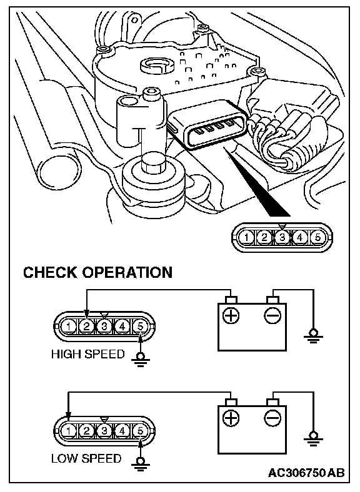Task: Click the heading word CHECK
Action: point(51,272)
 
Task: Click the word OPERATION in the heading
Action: point(127,272)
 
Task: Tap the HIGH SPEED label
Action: point(88,354)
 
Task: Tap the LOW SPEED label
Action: point(86,458)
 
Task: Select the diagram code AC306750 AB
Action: point(306,473)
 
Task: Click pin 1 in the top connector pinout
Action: point(247,237)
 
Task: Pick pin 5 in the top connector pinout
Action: point(317,237)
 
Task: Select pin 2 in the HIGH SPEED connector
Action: point(86,327)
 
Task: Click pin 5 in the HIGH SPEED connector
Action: point(140,327)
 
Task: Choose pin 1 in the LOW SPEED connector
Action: point(69,431)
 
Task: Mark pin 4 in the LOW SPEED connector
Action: point(122,431)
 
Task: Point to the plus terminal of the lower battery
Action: point(231,418)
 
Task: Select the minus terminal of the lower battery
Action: point(272,418)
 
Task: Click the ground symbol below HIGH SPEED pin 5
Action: point(141,359)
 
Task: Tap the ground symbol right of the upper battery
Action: point(313,337)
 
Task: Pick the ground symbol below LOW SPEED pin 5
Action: point(141,464)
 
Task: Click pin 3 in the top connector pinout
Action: point(282,237)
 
